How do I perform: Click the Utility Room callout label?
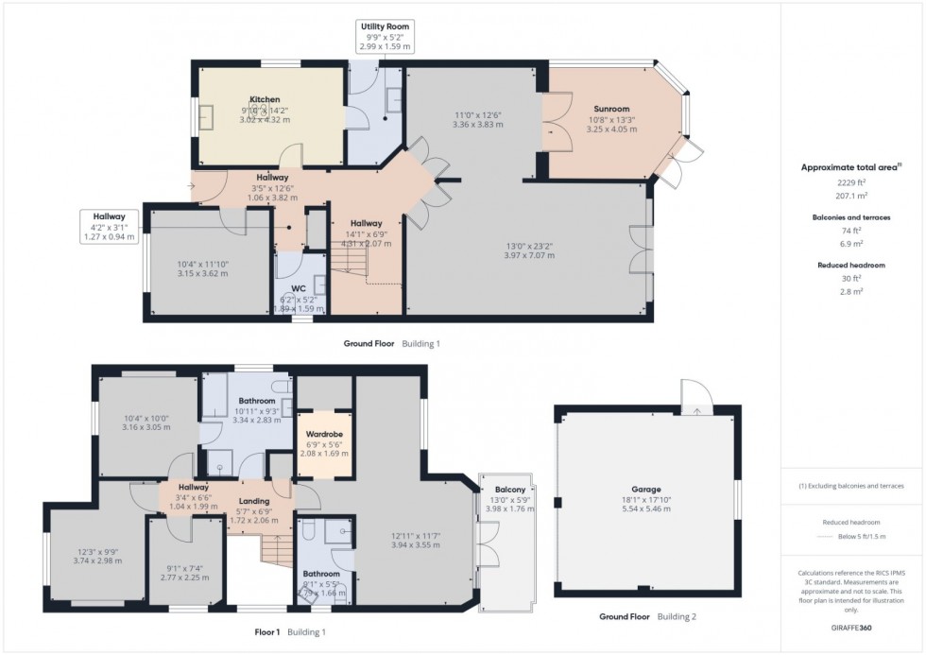[386, 26]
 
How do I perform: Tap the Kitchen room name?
[265, 99]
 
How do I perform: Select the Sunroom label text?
[612, 109]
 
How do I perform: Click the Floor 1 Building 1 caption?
[289, 631]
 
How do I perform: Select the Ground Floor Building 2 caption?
[647, 617]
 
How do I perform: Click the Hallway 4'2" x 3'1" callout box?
[110, 221]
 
